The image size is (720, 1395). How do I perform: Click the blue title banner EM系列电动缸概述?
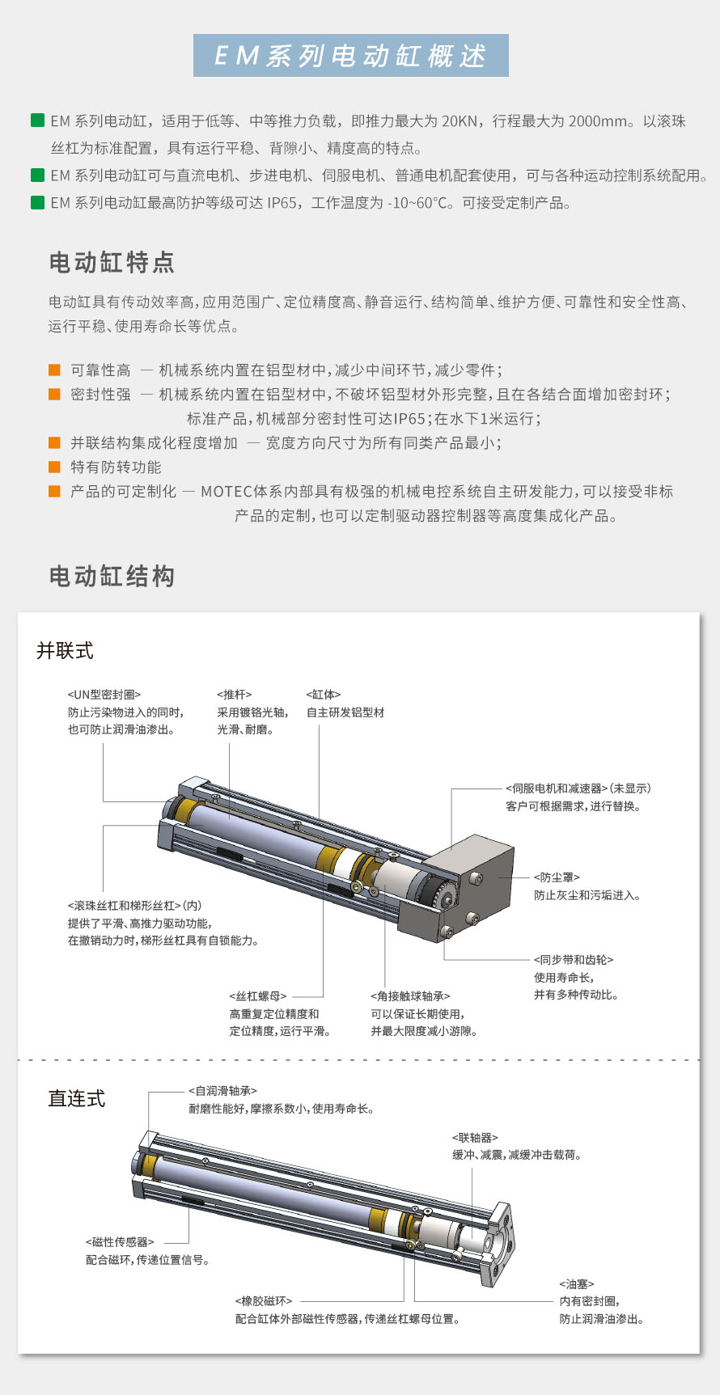click(x=351, y=56)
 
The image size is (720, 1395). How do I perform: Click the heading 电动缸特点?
click(x=112, y=263)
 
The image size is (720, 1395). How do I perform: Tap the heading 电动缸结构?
click(x=112, y=577)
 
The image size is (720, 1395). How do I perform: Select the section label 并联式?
click(x=65, y=651)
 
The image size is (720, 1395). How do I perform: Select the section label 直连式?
click(x=77, y=1098)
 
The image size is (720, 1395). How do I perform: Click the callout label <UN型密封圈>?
click(x=104, y=695)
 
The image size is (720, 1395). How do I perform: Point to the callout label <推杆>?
click(x=235, y=695)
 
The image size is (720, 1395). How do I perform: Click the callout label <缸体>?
click(x=324, y=695)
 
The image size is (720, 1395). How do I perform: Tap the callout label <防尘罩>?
click(x=557, y=877)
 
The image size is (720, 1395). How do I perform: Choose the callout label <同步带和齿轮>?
click(x=574, y=960)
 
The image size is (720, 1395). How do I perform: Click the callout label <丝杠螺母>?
click(x=258, y=996)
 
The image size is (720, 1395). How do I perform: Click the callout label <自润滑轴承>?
click(x=223, y=1091)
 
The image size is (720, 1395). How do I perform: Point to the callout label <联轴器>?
click(x=476, y=1138)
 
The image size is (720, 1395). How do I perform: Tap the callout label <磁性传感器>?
click(x=120, y=1242)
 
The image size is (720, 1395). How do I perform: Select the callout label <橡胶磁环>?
click(x=264, y=1301)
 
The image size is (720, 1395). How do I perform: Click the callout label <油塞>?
click(x=577, y=1284)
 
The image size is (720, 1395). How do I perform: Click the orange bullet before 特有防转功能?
click(x=54, y=467)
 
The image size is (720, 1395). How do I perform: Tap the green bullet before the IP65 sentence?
click(x=37, y=202)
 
